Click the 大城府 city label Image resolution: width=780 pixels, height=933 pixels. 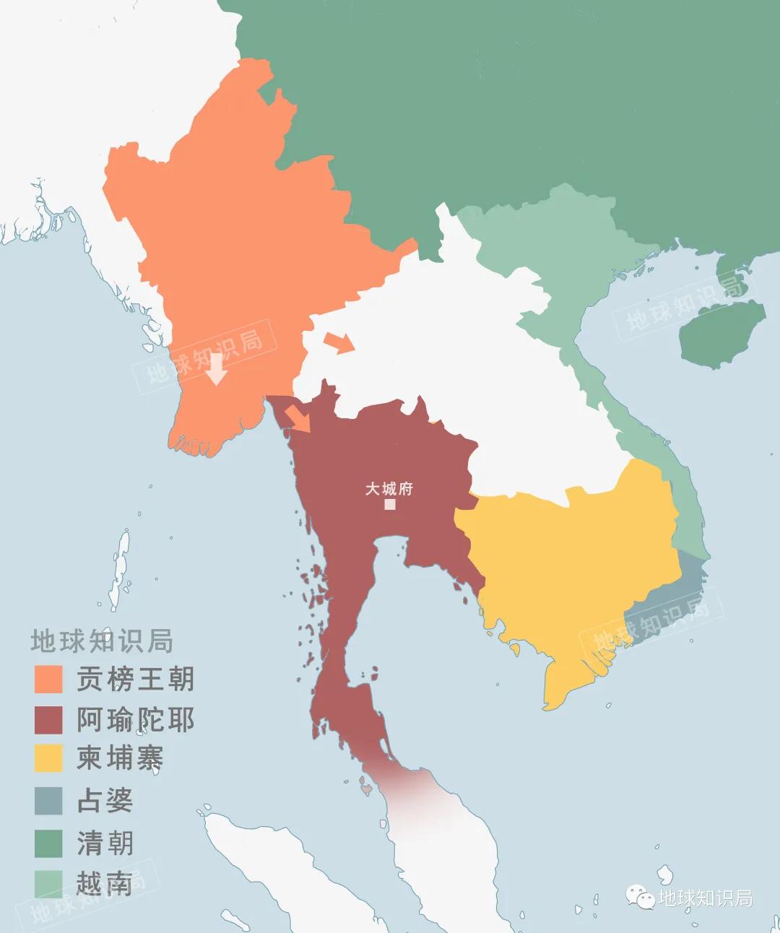(x=389, y=489)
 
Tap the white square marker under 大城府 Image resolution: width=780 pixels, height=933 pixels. (x=390, y=504)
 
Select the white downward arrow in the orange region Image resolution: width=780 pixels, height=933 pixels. (x=216, y=369)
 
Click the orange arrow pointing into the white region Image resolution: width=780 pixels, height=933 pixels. (x=339, y=342)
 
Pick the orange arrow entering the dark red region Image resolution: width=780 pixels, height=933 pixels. (x=297, y=418)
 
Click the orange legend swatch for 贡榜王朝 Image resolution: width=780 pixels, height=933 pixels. (x=48, y=680)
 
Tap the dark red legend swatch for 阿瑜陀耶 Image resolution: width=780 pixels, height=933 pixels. (x=48, y=720)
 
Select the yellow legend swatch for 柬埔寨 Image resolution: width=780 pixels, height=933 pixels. (x=48, y=759)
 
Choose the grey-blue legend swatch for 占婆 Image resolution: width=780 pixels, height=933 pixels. (x=48, y=801)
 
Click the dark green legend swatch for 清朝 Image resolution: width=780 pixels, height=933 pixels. (x=48, y=843)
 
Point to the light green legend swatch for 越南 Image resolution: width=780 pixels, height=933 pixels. (x=48, y=883)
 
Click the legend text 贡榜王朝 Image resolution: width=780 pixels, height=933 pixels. (x=135, y=680)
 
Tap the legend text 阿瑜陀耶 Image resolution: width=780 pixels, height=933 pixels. (x=135, y=720)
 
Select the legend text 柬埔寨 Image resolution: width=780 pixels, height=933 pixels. (x=120, y=759)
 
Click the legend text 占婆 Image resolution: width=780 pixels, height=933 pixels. (x=105, y=801)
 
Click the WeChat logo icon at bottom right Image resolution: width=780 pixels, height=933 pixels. (x=641, y=897)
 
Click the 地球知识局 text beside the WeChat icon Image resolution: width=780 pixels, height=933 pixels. (x=706, y=898)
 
